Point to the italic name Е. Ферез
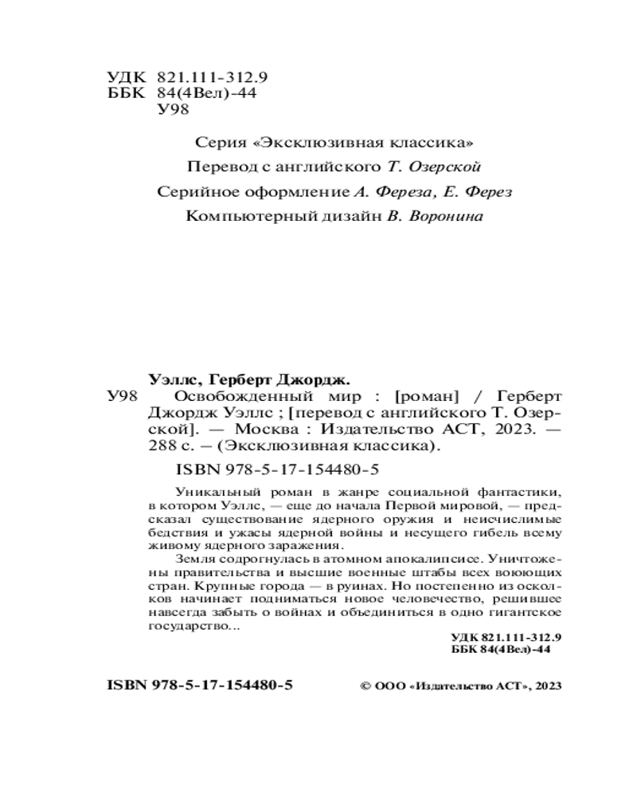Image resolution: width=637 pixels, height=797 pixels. [x=479, y=192]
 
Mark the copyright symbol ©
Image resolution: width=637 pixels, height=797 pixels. [x=366, y=685]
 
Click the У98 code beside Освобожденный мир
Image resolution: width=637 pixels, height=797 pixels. [x=122, y=397]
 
